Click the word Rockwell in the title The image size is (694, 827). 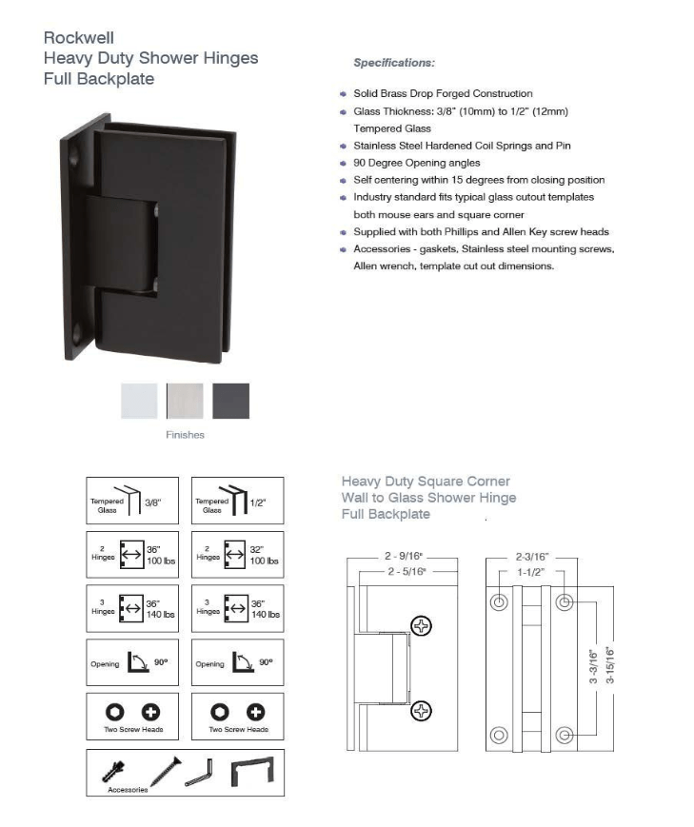click(x=79, y=38)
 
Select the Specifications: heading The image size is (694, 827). click(x=394, y=63)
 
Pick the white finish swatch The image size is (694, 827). click(x=139, y=401)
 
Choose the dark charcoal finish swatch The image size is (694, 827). click(x=230, y=401)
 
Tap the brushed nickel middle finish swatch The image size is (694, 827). click(x=185, y=401)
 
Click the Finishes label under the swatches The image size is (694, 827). click(x=185, y=435)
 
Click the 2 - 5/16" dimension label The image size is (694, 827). click(x=407, y=571)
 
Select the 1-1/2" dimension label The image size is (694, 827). click(x=531, y=573)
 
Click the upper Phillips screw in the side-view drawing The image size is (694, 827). click(x=420, y=625)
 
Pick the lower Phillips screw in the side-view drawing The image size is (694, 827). click(x=420, y=711)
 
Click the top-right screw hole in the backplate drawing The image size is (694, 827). click(x=564, y=602)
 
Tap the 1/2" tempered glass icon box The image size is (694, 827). click(x=237, y=500)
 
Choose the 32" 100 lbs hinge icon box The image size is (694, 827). click(x=237, y=555)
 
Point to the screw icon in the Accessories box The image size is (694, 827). click(x=164, y=772)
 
